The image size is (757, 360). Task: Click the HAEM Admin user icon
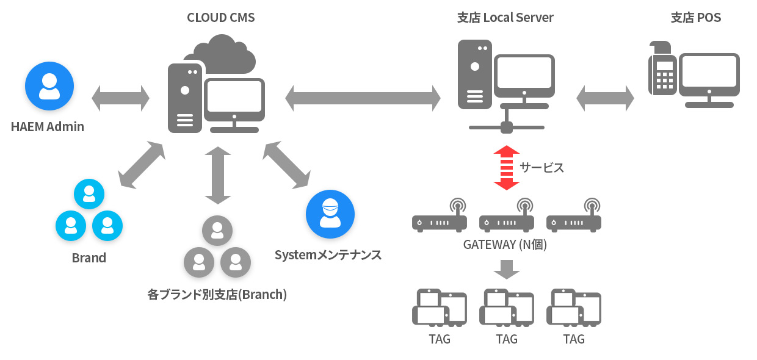coord(49,86)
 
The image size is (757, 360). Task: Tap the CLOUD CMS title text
coord(220,18)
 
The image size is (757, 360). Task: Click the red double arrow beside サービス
coord(506,168)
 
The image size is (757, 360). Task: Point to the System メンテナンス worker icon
coord(330,214)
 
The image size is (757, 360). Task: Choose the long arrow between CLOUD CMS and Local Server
coord(363,98)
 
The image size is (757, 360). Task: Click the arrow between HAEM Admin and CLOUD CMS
coord(120,98)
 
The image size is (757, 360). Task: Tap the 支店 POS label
coord(696,18)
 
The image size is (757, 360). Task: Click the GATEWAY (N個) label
coord(505,245)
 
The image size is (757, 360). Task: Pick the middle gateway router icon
coord(506,215)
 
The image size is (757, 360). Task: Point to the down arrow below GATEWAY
coord(506,270)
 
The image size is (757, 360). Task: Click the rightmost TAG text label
coord(573,339)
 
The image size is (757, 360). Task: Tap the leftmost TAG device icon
coord(440,308)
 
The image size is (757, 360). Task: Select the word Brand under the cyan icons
coord(89,257)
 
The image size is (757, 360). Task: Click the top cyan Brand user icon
coord(89,194)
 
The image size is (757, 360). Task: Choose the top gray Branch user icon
coord(217,230)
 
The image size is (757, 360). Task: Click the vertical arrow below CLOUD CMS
coord(217,175)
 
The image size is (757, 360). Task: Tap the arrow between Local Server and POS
coord(605,98)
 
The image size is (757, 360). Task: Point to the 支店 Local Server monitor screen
coord(524,72)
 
